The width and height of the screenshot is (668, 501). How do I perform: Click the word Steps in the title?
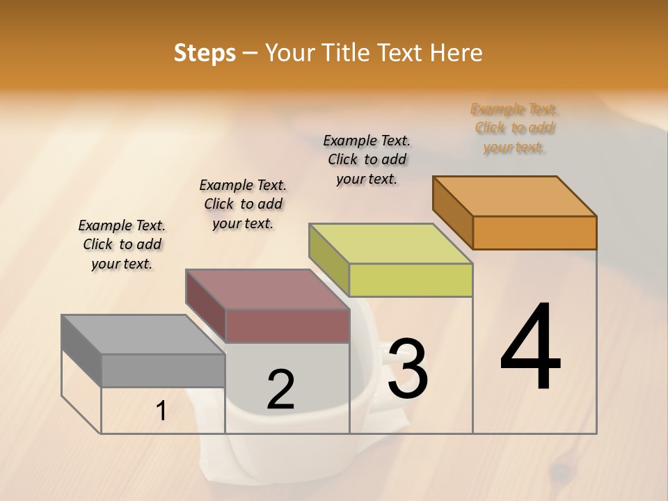click(205, 53)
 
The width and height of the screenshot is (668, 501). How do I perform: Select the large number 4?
click(531, 347)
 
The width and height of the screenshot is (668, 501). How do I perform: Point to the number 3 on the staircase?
click(408, 369)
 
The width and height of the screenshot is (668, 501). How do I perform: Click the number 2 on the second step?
click(280, 390)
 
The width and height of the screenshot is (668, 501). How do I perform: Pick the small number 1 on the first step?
click(161, 411)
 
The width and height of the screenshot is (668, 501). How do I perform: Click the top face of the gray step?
click(143, 335)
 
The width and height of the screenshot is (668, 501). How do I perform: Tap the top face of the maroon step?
click(267, 289)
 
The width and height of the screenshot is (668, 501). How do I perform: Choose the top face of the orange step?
click(515, 196)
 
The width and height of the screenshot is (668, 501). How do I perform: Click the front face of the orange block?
click(534, 232)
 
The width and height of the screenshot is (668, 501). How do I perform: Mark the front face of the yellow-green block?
click(411, 280)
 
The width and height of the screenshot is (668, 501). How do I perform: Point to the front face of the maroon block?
click(287, 326)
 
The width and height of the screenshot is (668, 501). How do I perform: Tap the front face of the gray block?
click(163, 370)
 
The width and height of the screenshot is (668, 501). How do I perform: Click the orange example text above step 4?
click(514, 128)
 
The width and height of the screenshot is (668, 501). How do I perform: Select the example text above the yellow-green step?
click(367, 160)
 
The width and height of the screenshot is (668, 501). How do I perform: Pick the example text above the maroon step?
click(243, 205)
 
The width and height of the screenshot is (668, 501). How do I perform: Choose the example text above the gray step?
click(122, 245)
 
